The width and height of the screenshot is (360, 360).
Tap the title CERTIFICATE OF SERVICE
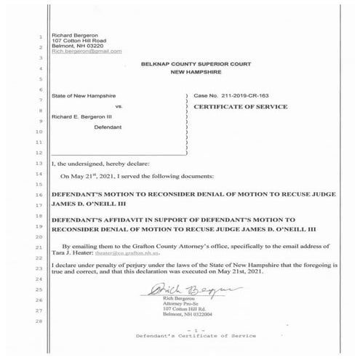(x=241, y=107)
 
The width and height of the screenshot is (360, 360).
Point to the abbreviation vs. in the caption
(x=119, y=107)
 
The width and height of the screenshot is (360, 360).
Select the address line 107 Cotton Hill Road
(x=80, y=41)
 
